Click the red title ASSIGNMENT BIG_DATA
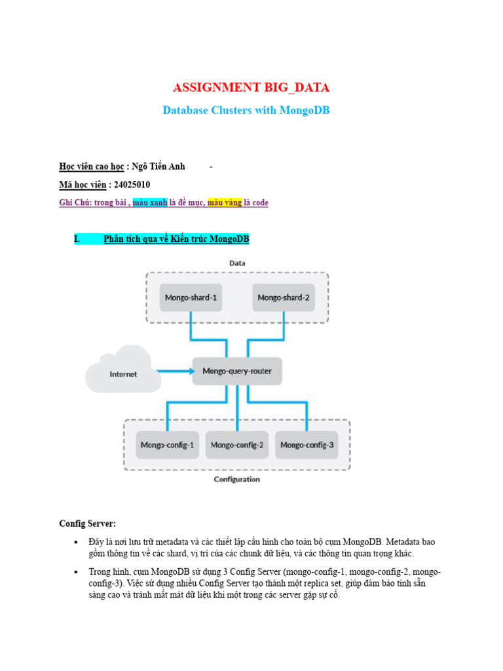click(251, 87)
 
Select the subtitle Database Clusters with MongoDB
click(246, 110)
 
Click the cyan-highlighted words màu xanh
click(150, 203)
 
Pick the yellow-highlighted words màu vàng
click(225, 203)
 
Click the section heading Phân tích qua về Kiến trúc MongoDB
click(176, 239)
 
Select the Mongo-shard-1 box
click(191, 297)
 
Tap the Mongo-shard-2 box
click(283, 297)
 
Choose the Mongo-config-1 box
click(167, 446)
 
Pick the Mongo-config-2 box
click(237, 446)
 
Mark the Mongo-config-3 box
click(307, 446)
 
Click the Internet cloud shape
click(123, 374)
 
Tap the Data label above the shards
click(237, 263)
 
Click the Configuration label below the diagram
click(237, 479)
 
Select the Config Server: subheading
click(88, 524)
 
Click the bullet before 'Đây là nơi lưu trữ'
click(76, 543)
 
